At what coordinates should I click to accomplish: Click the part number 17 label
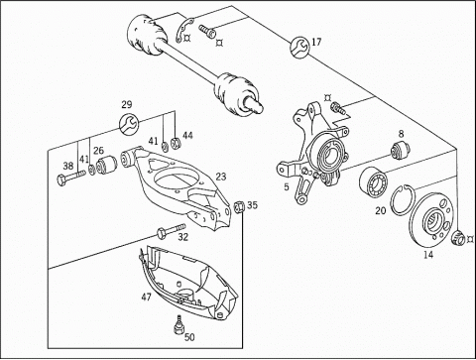(316, 42)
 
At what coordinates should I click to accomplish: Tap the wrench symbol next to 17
(299, 48)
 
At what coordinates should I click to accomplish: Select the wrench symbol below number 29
(128, 124)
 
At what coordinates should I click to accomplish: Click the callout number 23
(221, 177)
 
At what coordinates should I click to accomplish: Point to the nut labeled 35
(239, 207)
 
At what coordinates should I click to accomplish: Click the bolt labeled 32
(172, 230)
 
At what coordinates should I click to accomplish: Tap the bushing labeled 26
(106, 164)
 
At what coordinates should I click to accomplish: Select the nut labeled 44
(175, 143)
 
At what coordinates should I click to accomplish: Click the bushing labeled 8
(401, 150)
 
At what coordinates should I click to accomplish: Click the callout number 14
(428, 255)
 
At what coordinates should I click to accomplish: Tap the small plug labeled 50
(178, 324)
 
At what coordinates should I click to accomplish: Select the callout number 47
(146, 298)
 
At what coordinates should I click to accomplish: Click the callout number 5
(287, 187)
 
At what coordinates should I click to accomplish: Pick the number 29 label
(127, 105)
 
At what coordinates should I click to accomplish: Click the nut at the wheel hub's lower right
(458, 237)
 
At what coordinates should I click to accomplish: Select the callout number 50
(189, 337)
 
